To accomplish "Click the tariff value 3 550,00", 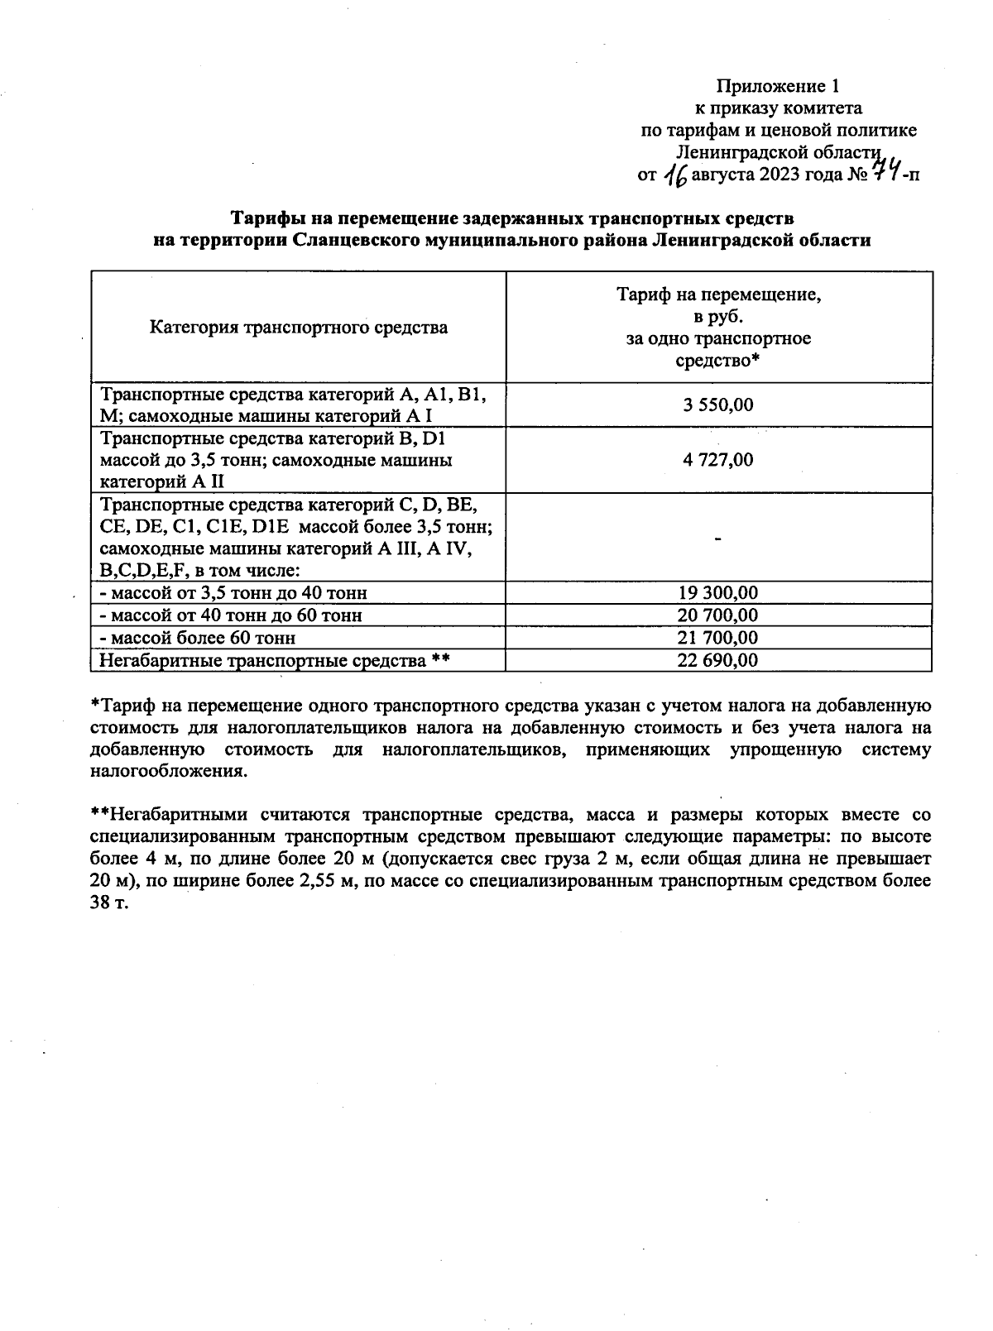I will (718, 405).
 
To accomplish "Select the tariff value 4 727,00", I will (718, 460).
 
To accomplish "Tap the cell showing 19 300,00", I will (718, 593).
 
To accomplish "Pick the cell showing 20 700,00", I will (718, 615).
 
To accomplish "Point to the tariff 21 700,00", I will (718, 638).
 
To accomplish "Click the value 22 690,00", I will (718, 660).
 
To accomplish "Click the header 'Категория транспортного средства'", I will (299, 328).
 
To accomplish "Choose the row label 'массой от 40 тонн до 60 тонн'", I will (230, 615).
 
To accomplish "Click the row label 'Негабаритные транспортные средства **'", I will (274, 660).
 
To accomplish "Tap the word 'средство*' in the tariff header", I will (717, 361).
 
